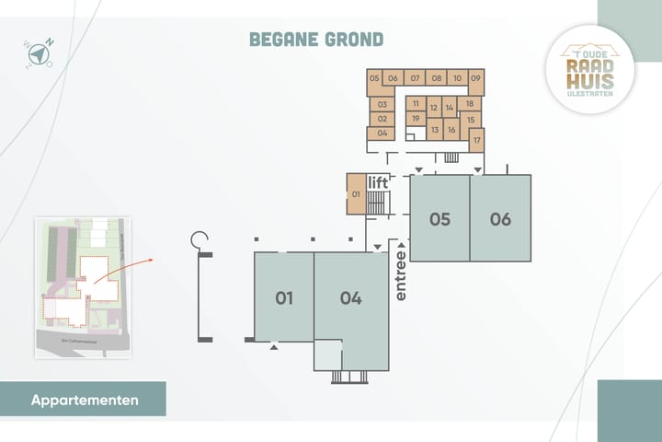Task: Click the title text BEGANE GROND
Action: (x=316, y=39)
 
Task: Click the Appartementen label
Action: (x=85, y=401)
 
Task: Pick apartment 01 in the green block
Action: (x=284, y=297)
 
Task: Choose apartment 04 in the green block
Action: (x=350, y=297)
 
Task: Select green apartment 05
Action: (x=439, y=219)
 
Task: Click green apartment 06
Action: (x=500, y=219)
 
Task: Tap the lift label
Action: (x=379, y=182)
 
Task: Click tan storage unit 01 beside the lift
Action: (x=356, y=194)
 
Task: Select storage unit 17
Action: (x=476, y=140)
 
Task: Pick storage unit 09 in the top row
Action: (x=475, y=78)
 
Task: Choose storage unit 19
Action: (x=416, y=119)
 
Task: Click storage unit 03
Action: (x=382, y=105)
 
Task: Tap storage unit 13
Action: (x=434, y=130)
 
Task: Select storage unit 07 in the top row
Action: (x=415, y=78)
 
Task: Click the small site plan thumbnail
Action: (x=83, y=287)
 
